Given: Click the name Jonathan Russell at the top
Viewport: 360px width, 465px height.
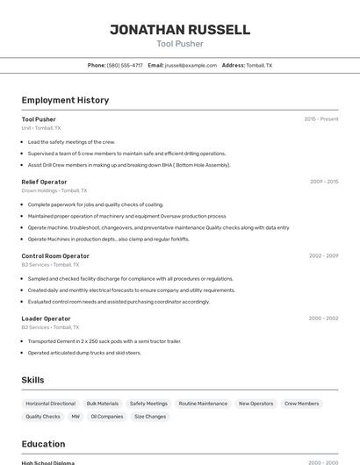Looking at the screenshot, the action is tap(179, 29).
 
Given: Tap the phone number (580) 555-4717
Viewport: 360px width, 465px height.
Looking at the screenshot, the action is tap(125, 65).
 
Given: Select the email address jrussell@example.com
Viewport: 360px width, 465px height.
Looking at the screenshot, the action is tap(191, 65).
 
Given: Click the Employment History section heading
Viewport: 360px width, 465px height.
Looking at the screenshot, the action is tap(65, 100).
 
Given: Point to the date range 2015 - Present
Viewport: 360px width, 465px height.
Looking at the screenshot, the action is tap(320, 118).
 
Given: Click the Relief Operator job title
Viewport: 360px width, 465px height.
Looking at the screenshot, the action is tap(44, 182).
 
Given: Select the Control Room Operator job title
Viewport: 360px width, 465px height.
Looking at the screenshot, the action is tap(55, 255).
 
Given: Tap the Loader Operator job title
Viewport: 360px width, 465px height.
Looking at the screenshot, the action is tap(46, 318).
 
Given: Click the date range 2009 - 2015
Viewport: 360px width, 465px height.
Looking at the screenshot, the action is tap(323, 182).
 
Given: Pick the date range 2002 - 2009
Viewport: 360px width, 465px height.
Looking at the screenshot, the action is tap(323, 255).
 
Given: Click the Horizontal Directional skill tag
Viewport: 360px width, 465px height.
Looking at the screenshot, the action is tap(50, 404).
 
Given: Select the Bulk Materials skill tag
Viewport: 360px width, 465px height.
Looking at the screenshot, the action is tap(103, 404).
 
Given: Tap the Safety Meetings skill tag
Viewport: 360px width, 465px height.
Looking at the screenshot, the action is tap(148, 404).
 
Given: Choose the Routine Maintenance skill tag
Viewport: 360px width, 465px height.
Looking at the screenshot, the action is tap(203, 404).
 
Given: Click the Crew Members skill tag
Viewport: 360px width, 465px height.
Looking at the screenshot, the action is tap(302, 404).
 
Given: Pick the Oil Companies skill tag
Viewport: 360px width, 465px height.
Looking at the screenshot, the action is tap(107, 417).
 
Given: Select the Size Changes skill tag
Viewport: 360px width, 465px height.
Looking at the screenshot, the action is tap(149, 417).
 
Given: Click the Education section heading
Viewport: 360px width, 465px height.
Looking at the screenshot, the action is tap(43, 444).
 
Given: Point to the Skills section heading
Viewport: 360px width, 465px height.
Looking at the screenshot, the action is tap(32, 380).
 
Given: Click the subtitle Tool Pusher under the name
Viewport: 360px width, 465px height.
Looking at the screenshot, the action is tap(179, 44).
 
